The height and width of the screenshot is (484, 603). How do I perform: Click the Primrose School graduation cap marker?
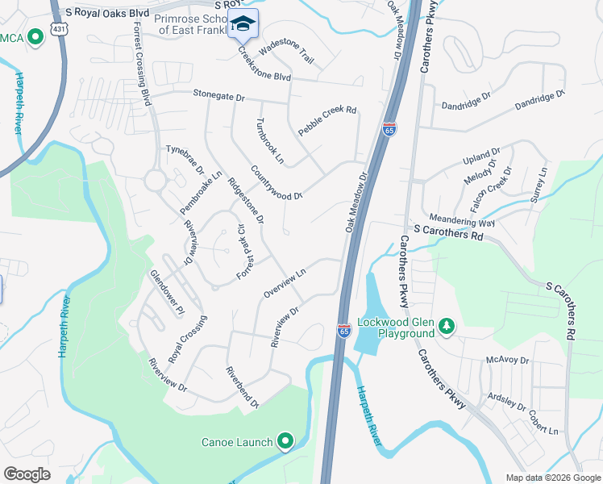pyautogui.click(x=243, y=23)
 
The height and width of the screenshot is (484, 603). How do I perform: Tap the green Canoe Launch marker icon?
pyautogui.click(x=285, y=441)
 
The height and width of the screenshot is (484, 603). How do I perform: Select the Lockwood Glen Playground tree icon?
pyautogui.click(x=446, y=326)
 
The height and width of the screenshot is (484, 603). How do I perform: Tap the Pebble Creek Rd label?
pyautogui.click(x=327, y=120)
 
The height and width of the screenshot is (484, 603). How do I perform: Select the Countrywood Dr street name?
pyautogui.click(x=276, y=183)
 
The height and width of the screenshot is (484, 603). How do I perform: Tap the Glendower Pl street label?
pyautogui.click(x=167, y=291)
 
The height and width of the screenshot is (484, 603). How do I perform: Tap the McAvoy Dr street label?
pyautogui.click(x=507, y=360)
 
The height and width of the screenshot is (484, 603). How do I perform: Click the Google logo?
pyautogui.click(x=27, y=474)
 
